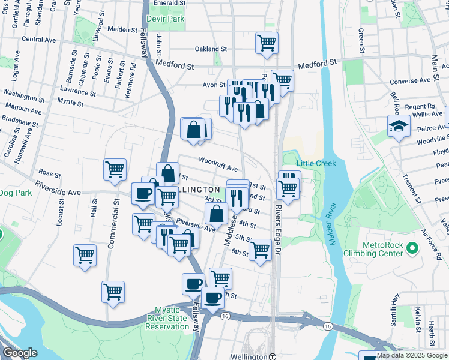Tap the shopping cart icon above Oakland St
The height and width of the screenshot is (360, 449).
point(267,43)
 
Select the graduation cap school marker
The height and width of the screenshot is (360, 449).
point(399,126)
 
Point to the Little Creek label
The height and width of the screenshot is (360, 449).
point(311,163)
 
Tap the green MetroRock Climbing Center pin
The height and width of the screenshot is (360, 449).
point(412,248)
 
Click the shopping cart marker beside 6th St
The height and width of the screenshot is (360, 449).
point(260,249)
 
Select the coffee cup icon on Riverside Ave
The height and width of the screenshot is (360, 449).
point(143,194)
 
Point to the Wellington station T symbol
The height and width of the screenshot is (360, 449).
point(272,356)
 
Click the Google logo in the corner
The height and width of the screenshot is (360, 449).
point(20,353)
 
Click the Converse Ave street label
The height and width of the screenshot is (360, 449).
point(411,80)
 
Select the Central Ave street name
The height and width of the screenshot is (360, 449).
point(38,40)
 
